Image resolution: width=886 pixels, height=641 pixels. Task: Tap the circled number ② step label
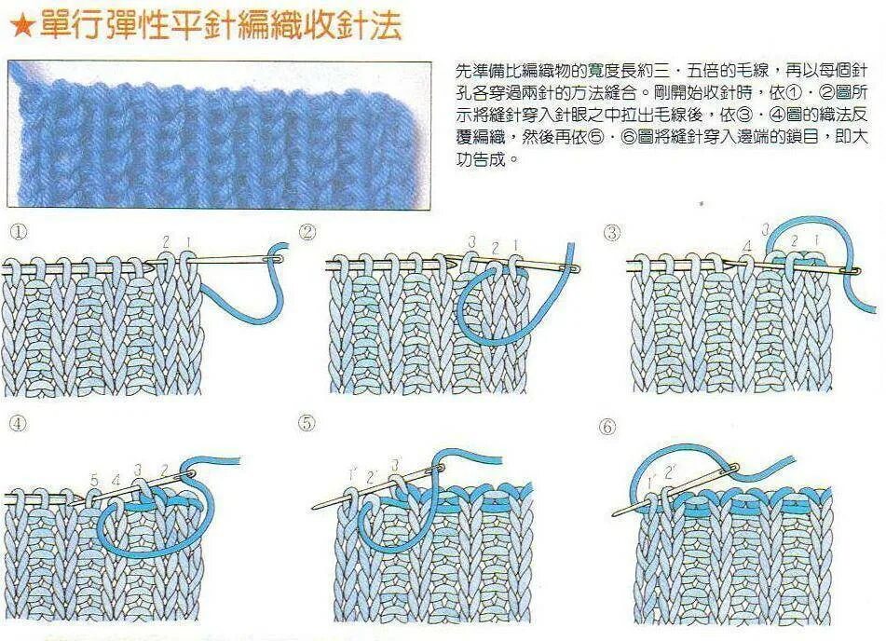307,232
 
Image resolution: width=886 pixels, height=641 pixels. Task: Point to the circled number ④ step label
18,423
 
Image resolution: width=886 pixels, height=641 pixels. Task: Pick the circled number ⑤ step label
307,424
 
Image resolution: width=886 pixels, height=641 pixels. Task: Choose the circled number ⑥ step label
607,427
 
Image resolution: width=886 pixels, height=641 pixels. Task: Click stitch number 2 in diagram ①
166,242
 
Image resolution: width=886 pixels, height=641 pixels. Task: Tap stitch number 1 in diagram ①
188,242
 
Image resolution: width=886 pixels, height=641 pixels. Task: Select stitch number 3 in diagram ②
472,242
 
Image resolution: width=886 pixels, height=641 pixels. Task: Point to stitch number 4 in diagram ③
747,246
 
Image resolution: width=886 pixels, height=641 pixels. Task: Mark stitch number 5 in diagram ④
94,481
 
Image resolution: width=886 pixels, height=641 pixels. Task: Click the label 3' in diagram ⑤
395,465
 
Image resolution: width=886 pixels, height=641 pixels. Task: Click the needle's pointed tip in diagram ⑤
314,508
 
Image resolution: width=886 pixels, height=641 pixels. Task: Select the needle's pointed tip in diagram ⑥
615,514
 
